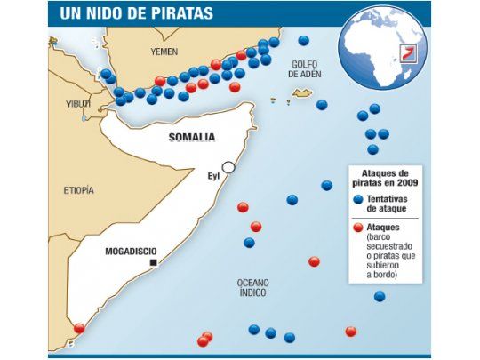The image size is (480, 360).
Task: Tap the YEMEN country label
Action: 164,52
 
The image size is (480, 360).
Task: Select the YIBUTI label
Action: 78,103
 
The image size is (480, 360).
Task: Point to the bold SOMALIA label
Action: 191,137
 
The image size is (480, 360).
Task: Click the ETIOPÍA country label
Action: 77,190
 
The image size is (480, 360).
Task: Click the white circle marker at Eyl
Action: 228,167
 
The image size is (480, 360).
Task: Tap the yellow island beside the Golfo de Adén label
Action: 302,92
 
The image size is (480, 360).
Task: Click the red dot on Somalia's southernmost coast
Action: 79,329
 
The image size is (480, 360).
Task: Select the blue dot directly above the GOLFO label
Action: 304,40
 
